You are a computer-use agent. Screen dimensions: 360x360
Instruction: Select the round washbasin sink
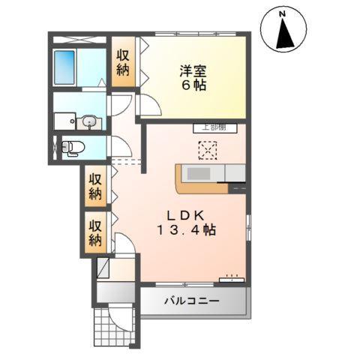coord(89,121)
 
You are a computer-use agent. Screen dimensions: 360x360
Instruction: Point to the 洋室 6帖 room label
coord(193,78)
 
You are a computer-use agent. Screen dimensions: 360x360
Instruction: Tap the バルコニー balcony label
coord(192,301)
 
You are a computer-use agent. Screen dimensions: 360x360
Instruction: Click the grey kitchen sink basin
coord(199,174)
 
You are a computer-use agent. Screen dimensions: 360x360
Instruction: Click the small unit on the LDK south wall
coord(230,280)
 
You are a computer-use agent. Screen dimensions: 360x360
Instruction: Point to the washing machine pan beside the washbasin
coord(63,121)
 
